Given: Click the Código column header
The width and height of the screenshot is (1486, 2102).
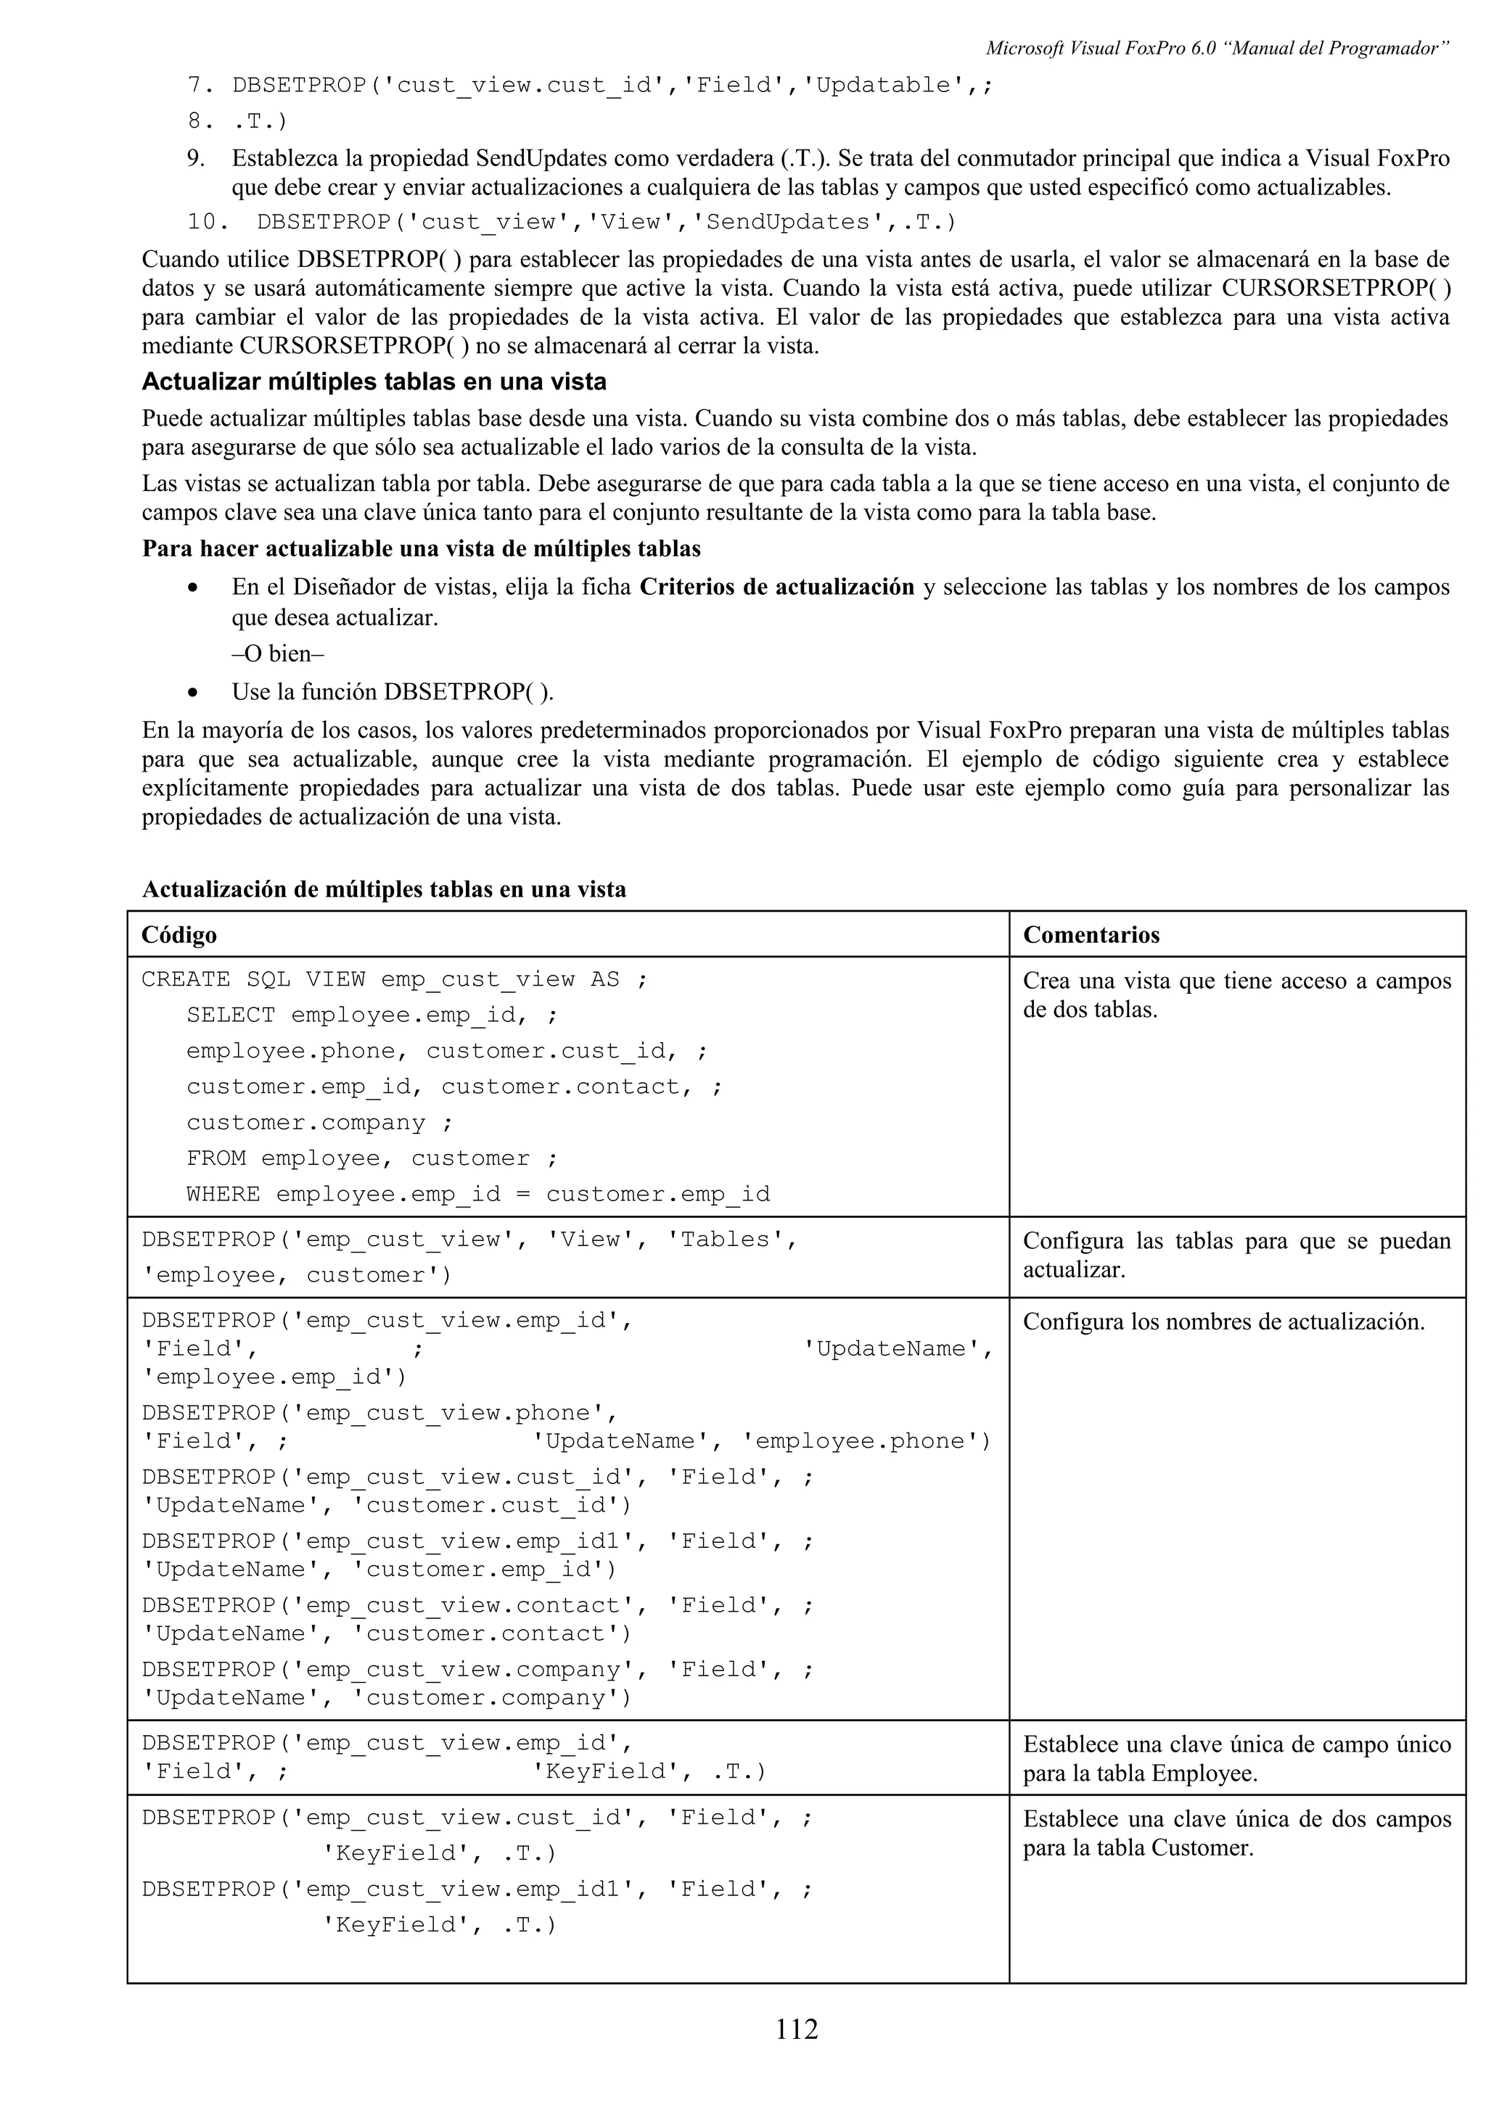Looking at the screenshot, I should tap(179, 935).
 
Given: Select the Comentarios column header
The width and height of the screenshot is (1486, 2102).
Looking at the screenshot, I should tap(1091, 935).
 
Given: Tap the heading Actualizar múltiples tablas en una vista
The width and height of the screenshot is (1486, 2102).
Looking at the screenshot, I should tap(374, 382).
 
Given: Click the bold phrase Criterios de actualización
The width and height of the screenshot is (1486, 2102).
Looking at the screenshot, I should tap(776, 587).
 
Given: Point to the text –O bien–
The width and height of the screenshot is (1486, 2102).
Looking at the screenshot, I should tap(279, 654).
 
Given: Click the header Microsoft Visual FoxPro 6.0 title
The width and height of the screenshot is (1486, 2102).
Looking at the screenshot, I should tap(1216, 49).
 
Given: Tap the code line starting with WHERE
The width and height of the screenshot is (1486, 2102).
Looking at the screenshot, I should tap(478, 1195).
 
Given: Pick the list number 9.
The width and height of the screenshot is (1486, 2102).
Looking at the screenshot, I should tap(196, 158).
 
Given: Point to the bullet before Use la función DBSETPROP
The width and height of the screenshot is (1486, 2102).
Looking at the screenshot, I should tap(192, 692).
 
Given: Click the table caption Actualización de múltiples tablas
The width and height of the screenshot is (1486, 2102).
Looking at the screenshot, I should tap(384, 889).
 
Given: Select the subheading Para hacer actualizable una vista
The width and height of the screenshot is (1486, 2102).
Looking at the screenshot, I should tap(421, 548).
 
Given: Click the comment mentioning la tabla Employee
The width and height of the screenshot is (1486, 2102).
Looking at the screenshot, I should tap(1236, 1759).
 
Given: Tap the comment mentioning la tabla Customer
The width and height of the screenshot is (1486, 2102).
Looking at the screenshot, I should tap(1236, 1834).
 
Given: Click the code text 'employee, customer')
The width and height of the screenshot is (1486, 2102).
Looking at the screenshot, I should tap(297, 1275).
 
